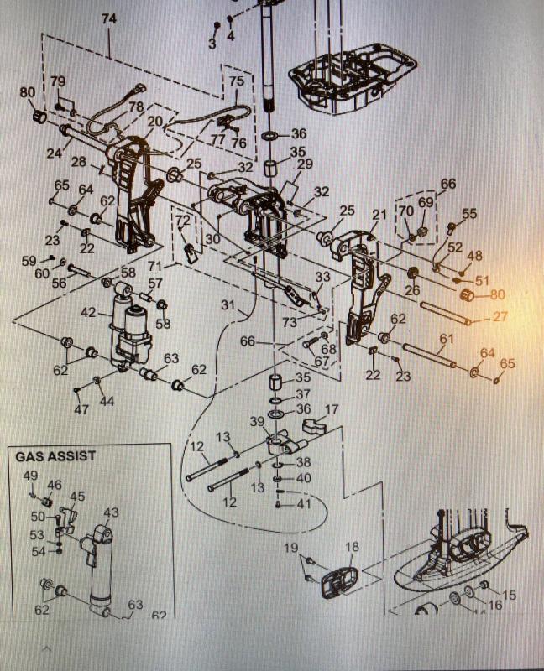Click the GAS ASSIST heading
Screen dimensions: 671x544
point(55,456)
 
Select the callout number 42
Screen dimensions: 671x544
point(89,311)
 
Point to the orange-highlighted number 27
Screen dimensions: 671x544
point(500,317)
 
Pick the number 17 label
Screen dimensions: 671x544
point(332,409)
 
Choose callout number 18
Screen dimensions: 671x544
point(353,547)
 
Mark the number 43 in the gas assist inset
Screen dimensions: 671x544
point(111,512)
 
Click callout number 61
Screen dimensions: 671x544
point(446,339)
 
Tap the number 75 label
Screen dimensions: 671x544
point(237,81)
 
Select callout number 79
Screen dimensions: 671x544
point(57,81)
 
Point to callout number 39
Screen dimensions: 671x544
point(257,420)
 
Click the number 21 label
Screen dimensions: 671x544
point(379,214)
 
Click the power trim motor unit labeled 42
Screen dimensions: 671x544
point(128,331)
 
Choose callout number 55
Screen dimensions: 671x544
point(468,214)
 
